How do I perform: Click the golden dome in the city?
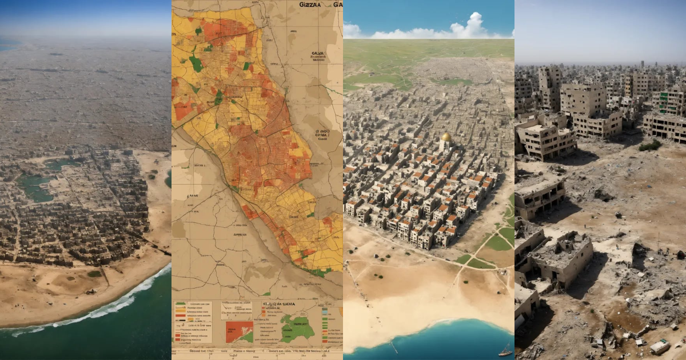pos(446,138)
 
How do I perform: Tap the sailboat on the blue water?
pos(505,350)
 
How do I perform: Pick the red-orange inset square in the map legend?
pos(240,331)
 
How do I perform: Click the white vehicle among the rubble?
pos(660,346)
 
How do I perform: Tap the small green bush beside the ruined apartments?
pos(650,146)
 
